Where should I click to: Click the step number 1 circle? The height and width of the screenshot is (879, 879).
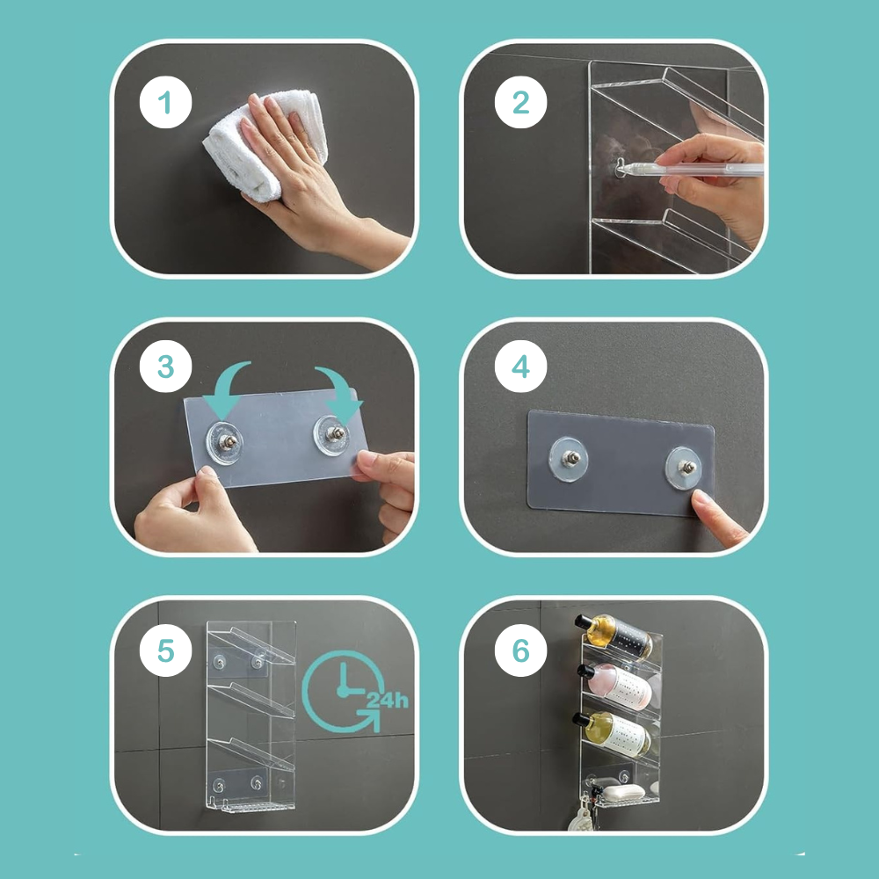pyautogui.click(x=165, y=103)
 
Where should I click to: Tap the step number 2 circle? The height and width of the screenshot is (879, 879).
pyautogui.click(x=520, y=103)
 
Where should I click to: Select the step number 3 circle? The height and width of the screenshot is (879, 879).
pyautogui.click(x=165, y=366)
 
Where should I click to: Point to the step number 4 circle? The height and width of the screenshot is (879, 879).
pyautogui.click(x=520, y=366)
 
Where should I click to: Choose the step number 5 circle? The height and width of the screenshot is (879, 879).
pyautogui.click(x=165, y=650)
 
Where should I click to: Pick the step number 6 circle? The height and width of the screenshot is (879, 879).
pyautogui.click(x=520, y=650)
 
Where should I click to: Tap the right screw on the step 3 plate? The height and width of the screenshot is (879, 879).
pyautogui.click(x=335, y=433)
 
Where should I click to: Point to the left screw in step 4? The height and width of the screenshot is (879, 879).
pyautogui.click(x=570, y=458)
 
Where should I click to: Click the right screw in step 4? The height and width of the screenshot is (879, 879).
pyautogui.click(x=686, y=467)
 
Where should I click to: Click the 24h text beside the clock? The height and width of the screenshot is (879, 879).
pyautogui.click(x=387, y=701)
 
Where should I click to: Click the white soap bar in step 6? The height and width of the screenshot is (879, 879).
pyautogui.click(x=623, y=792)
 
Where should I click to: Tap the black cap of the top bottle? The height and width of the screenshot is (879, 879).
pyautogui.click(x=584, y=621)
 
